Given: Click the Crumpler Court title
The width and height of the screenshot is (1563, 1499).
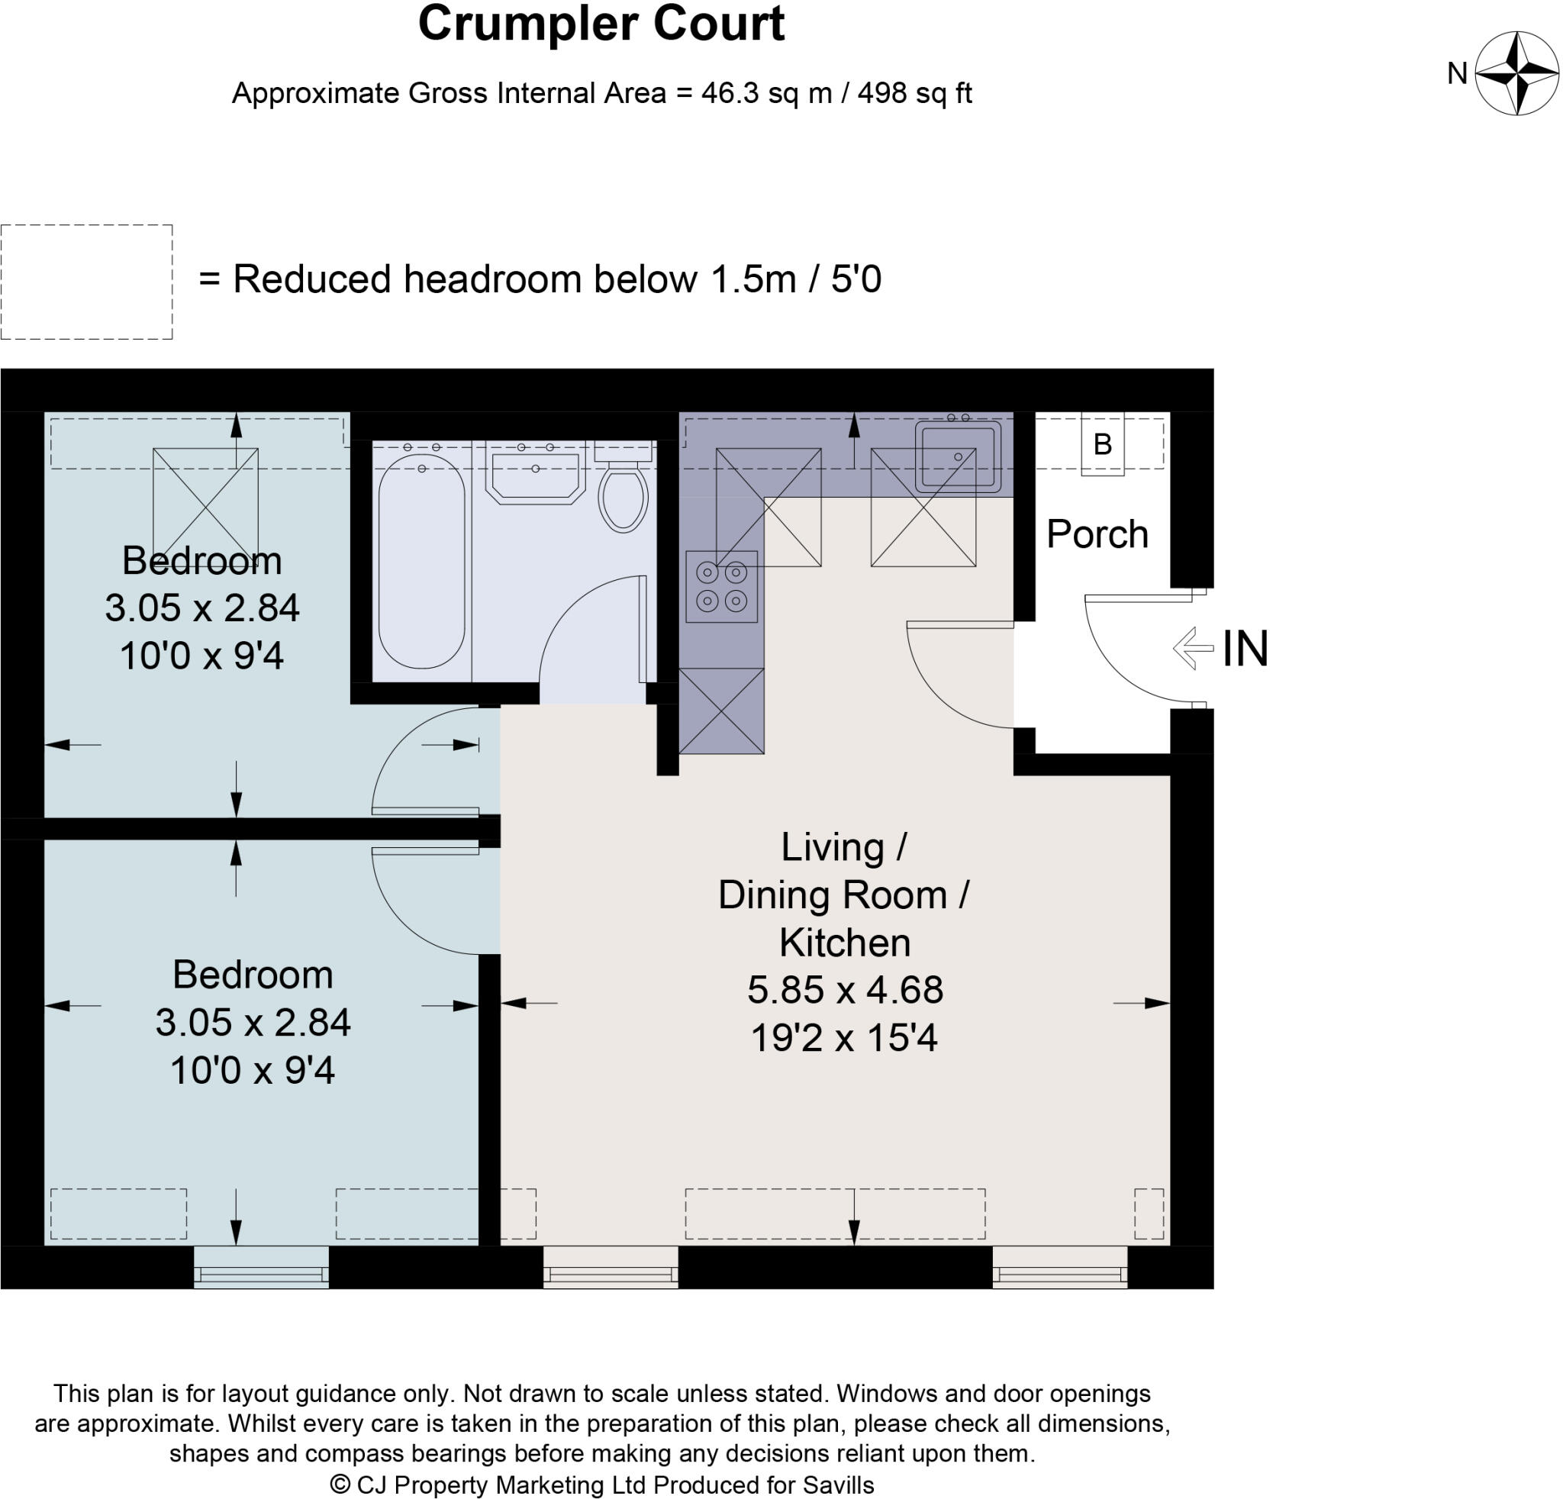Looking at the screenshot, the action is pos(601,24).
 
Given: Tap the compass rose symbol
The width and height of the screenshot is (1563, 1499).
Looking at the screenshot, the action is pos(1516,73).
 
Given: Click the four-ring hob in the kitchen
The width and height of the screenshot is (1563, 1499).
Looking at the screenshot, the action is pos(722,586).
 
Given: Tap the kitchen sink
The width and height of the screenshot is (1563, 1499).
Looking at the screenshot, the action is pos(957,456).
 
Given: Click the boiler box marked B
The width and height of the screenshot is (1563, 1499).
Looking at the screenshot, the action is pos(1102,444).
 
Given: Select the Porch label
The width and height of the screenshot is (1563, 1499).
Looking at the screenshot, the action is pos(1097,534).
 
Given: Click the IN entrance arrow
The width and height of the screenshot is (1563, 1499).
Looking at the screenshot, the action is pos(1193,648).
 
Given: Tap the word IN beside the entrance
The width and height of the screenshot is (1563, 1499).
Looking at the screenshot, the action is pos(1246,648).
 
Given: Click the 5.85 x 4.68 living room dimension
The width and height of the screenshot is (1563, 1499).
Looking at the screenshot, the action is pos(846,990).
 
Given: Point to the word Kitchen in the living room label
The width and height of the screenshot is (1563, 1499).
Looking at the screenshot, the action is pos(846,943).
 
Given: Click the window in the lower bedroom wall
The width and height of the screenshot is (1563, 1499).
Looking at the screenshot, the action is pos(262,1267).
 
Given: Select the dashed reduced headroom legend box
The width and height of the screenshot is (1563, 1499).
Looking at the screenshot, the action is pos(86,282).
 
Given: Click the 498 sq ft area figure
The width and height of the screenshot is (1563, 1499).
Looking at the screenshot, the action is pos(914,93).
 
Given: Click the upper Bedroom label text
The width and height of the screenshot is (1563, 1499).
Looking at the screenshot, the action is pos(201,560).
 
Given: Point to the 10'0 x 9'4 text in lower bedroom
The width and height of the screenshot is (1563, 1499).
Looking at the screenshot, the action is pos(253,1070).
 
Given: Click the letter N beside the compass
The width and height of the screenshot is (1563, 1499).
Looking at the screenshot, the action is pos(1458,73).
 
